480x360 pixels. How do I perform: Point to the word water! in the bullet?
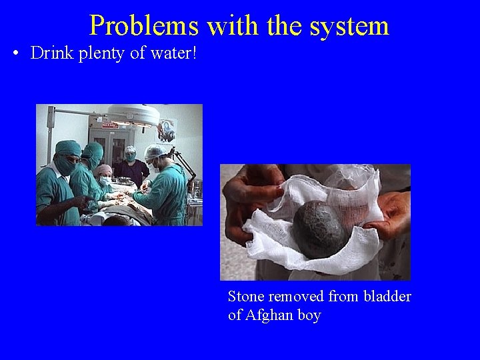tap(175, 53)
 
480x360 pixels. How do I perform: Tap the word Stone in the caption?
tap(246, 297)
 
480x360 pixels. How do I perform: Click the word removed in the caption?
tap(295, 297)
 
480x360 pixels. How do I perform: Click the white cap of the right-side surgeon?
tap(157, 151)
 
